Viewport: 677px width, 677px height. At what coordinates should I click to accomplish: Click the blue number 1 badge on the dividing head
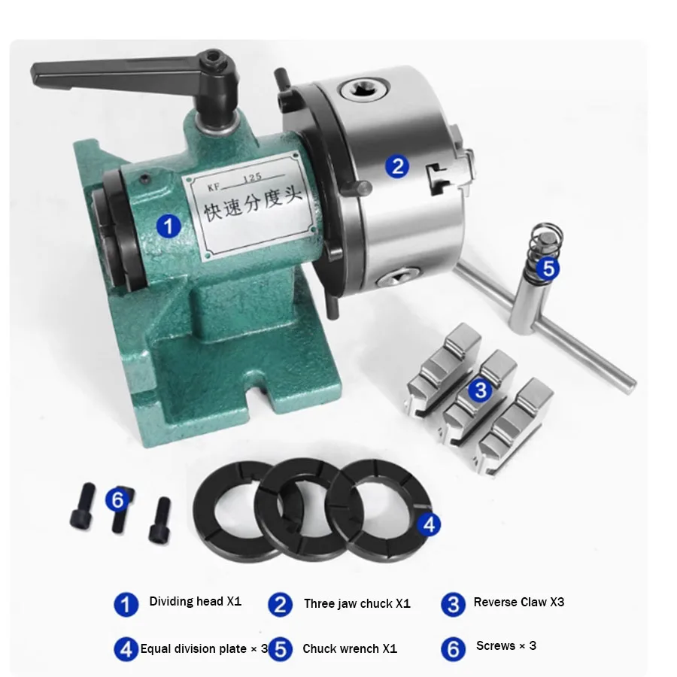point(169,224)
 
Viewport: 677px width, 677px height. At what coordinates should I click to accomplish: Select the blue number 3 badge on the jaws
point(479,390)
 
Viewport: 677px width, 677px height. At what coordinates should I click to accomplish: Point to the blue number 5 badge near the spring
point(548,267)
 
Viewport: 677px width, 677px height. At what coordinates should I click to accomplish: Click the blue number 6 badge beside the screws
point(117,499)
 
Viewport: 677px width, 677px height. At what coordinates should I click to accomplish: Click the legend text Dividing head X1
point(196,602)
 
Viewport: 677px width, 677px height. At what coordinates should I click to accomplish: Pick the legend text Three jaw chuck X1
point(357,603)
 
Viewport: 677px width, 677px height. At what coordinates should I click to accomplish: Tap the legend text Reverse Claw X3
point(519,602)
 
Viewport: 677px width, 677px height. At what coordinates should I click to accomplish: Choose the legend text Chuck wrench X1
point(350,648)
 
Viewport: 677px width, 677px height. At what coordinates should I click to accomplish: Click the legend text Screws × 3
point(506,646)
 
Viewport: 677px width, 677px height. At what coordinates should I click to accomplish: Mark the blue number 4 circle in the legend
point(126,648)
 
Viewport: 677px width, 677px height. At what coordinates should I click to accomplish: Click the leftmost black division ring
point(226,506)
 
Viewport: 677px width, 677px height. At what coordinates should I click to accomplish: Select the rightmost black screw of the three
point(160,521)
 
